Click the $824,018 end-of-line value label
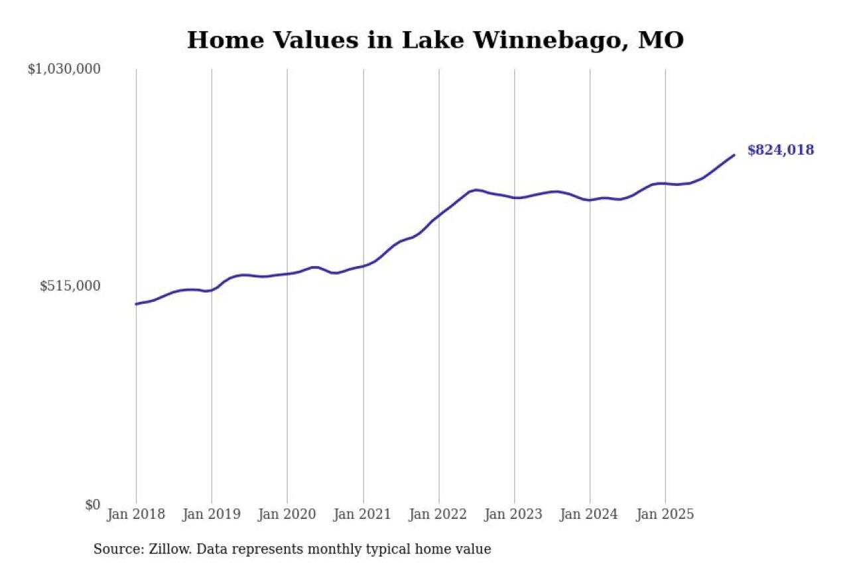[x=780, y=150]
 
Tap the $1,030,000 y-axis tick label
[x=64, y=69]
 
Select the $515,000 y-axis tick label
[x=70, y=286]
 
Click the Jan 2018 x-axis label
[x=136, y=515]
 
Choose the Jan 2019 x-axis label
[x=212, y=515]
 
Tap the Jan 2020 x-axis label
[x=287, y=515]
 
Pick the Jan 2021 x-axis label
[x=363, y=515]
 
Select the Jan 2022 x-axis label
[x=438, y=515]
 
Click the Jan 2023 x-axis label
[x=514, y=515]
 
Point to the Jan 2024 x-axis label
[x=590, y=515]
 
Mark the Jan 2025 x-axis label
[x=665, y=515]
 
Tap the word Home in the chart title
[x=220, y=40]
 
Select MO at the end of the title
[x=661, y=40]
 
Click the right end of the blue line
[x=734, y=155]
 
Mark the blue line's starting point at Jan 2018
[x=136, y=304]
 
